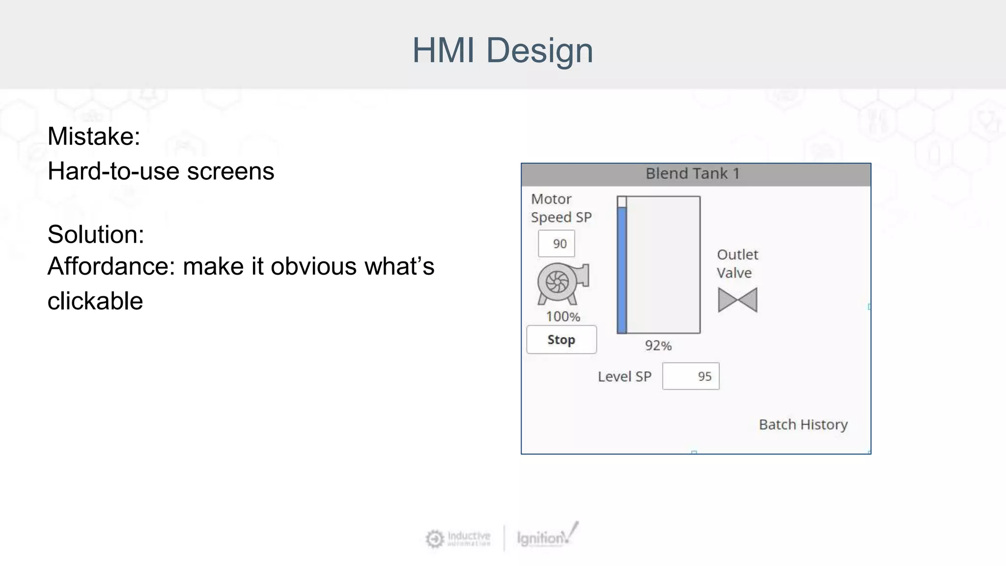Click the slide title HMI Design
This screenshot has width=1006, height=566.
(x=503, y=50)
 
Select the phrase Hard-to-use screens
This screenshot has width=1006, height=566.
(x=161, y=171)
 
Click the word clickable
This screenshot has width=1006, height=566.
(x=95, y=301)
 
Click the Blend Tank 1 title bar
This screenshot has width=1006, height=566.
(x=696, y=174)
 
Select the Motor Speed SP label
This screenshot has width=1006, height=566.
(x=561, y=208)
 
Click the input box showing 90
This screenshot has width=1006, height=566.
(x=556, y=244)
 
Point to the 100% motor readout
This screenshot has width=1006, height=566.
(x=563, y=317)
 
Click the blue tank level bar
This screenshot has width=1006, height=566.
(x=622, y=270)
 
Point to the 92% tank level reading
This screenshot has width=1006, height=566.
(x=658, y=346)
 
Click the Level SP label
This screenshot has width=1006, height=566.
(x=624, y=377)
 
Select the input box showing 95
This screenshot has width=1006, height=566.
(x=691, y=376)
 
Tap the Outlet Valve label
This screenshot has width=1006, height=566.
(x=737, y=264)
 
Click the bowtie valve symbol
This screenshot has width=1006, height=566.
(x=737, y=300)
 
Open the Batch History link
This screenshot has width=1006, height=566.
(x=803, y=424)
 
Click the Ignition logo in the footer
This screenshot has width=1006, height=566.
(x=546, y=537)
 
